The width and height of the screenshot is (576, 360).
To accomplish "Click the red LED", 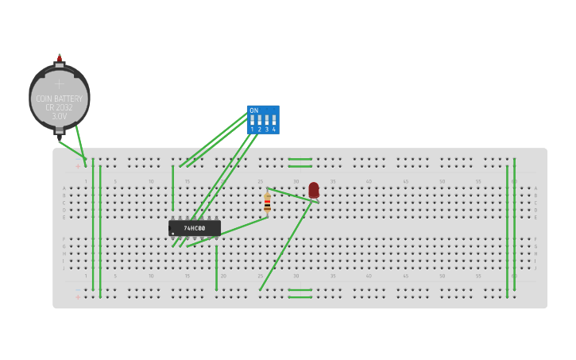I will (x=314, y=190).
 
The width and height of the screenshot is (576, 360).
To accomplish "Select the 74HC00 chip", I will (x=195, y=228).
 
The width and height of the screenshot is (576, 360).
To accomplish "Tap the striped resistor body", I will (x=267, y=204).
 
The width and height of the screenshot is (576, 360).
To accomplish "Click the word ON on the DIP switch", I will (x=253, y=110).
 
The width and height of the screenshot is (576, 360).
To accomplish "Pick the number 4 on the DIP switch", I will (x=274, y=129).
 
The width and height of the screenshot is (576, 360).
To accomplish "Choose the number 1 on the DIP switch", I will (x=252, y=129).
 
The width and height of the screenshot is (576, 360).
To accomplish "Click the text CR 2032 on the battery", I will (x=60, y=107).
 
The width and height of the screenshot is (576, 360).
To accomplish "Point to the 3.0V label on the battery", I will (x=60, y=116).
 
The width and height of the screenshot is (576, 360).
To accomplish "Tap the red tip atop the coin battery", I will (x=59, y=58).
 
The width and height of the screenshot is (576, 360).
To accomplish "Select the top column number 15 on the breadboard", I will (x=187, y=182).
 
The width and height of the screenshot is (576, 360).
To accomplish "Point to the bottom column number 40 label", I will (x=369, y=276).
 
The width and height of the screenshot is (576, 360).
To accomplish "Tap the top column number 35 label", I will (x=332, y=182).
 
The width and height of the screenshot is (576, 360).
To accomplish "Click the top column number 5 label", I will (x=114, y=182).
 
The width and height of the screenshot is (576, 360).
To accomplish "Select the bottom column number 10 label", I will (x=151, y=276).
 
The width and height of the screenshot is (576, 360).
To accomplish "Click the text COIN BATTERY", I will (x=60, y=99).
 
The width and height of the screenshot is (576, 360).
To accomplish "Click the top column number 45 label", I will (x=405, y=182).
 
